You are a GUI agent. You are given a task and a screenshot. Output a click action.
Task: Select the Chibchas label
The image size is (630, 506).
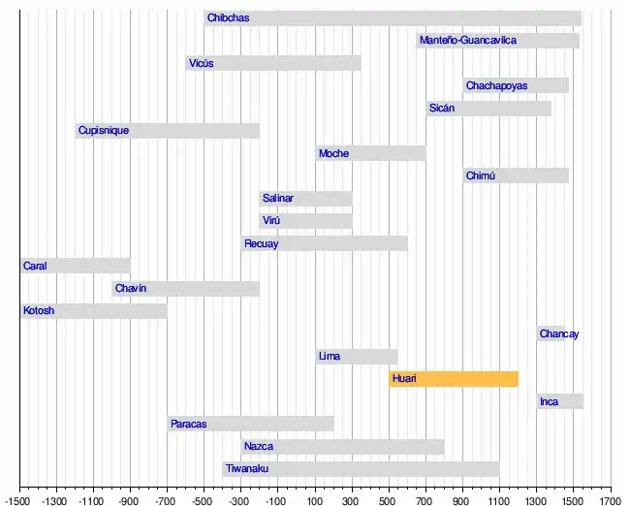point(228,18)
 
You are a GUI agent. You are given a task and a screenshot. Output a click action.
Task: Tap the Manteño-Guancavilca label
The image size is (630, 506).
point(467,41)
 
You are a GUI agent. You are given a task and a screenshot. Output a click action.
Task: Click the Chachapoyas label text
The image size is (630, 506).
point(496,86)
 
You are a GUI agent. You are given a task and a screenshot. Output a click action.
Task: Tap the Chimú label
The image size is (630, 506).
point(480,176)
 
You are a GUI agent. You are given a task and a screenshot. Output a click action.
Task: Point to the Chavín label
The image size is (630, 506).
point(130,289)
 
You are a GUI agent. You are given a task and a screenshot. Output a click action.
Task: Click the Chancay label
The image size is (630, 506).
point(559,334)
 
